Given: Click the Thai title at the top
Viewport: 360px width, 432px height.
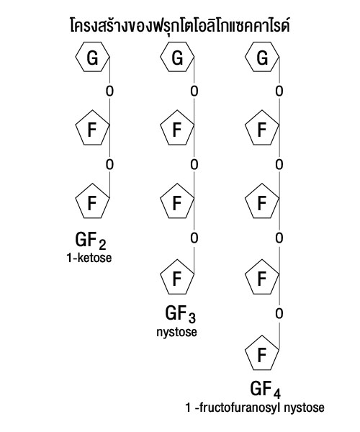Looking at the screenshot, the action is click(x=180, y=26).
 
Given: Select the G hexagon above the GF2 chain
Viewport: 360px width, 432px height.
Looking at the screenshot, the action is click(x=93, y=57).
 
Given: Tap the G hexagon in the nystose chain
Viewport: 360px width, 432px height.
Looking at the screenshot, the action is click(x=177, y=57).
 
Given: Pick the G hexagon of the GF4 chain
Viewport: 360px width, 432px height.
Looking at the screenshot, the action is click(x=262, y=57).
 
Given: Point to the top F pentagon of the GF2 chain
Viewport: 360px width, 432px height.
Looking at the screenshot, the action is click(x=93, y=128).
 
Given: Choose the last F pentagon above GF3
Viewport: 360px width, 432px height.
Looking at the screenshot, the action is click(x=177, y=277).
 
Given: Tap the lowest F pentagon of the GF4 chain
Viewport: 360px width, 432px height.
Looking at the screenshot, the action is click(x=262, y=354).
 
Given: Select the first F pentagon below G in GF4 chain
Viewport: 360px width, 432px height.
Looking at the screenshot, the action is click(x=262, y=128).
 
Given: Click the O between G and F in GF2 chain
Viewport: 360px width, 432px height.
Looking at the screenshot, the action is click(x=109, y=91).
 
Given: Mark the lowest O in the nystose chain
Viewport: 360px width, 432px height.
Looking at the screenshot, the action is click(x=194, y=238).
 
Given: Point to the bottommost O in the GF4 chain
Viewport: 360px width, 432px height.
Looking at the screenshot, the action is click(x=279, y=313).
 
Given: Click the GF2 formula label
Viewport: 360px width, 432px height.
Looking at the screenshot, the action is click(x=91, y=240).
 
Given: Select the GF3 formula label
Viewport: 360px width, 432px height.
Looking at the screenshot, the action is click(x=181, y=314).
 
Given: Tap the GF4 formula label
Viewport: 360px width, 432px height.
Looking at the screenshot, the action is click(x=266, y=390).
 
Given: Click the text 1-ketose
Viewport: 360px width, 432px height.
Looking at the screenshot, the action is click(x=89, y=258).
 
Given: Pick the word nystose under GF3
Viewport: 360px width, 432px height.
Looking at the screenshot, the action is click(x=177, y=332).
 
